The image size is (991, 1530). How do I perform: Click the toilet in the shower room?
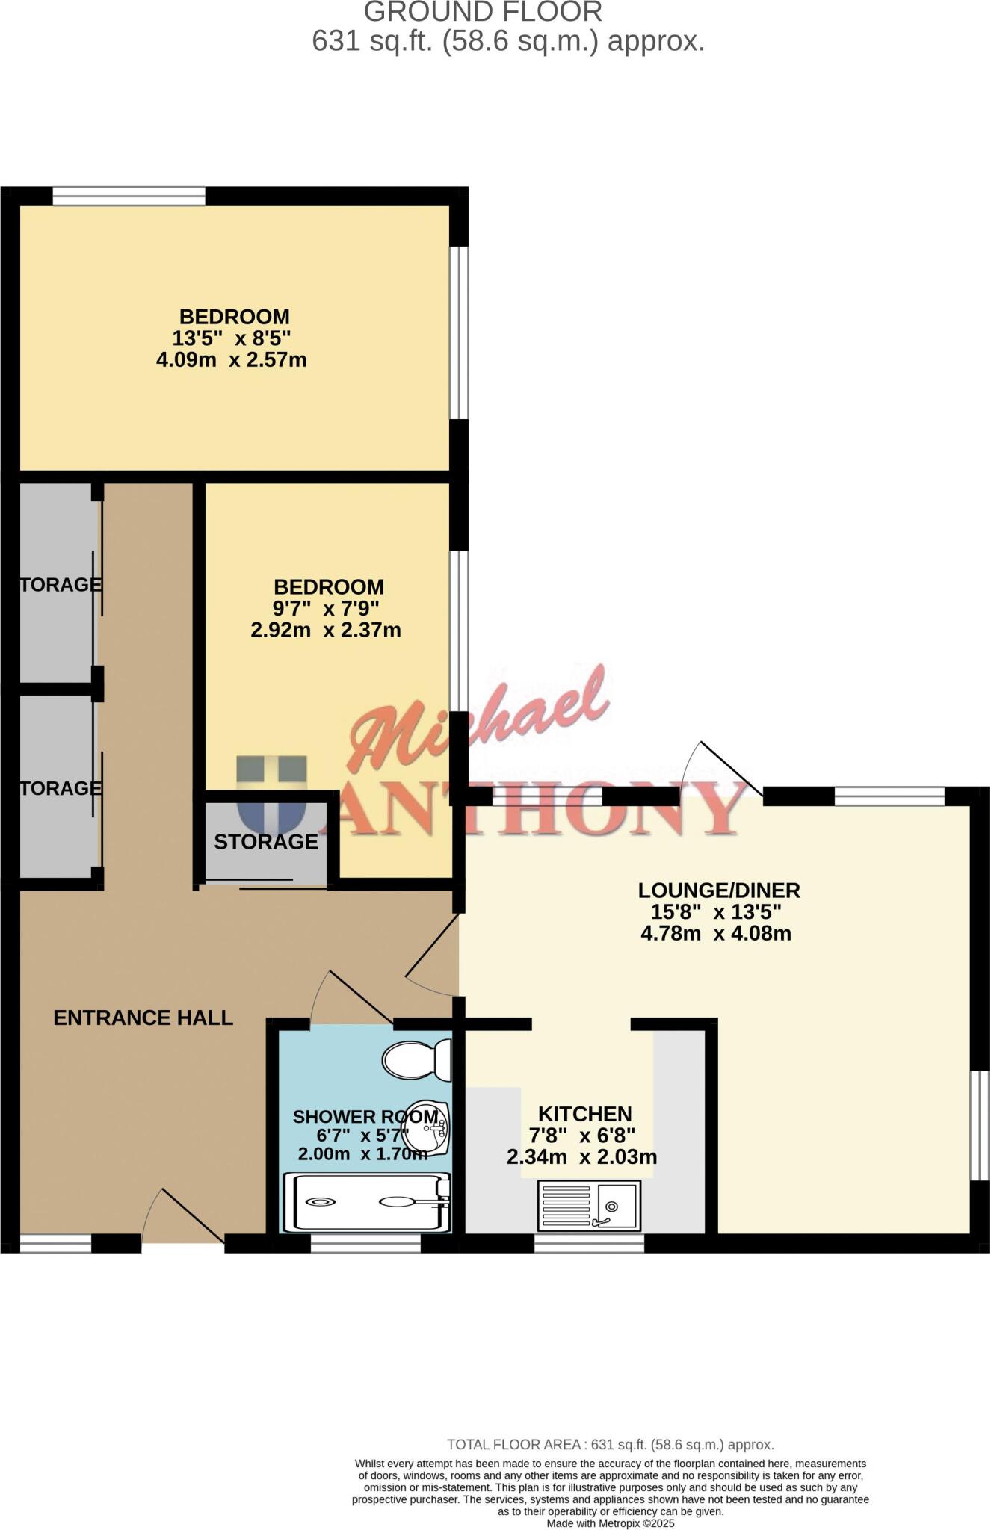click(417, 1059)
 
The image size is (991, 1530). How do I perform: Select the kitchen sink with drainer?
click(589, 1206)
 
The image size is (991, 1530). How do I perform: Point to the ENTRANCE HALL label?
click(143, 1018)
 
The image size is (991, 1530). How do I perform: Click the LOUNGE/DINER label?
click(718, 891)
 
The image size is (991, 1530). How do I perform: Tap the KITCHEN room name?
click(585, 1115)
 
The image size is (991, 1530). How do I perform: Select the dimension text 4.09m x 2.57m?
click(231, 360)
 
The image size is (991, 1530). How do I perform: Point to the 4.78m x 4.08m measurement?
click(716, 933)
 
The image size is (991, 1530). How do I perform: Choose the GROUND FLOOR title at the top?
click(483, 12)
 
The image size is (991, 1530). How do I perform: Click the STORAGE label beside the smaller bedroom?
click(266, 842)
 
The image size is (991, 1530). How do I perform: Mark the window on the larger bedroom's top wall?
click(129, 196)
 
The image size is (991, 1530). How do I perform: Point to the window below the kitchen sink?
click(589, 1243)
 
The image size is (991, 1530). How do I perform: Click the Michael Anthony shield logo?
click(272, 793)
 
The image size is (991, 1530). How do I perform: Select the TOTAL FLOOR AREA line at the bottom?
click(610, 1445)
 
